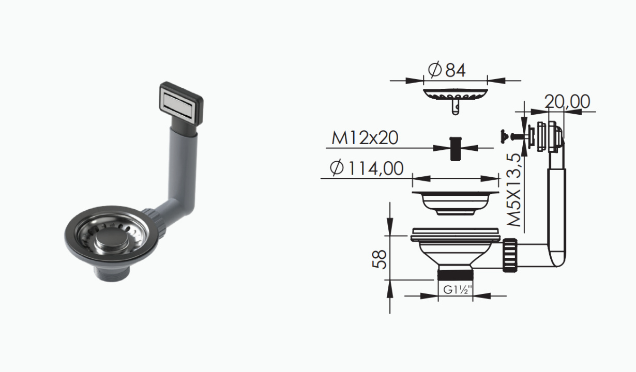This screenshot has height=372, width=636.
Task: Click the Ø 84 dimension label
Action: tap(447, 70)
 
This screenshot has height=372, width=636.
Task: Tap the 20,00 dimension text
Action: tap(567, 102)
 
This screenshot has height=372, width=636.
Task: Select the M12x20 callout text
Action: tap(365, 138)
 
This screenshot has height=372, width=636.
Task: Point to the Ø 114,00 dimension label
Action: tap(367, 168)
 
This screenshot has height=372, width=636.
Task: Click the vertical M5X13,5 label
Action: tap(514, 190)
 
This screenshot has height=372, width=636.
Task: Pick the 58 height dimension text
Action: tap(380, 259)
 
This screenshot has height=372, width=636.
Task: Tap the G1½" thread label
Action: tap(458, 290)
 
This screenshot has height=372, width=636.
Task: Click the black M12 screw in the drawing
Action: tap(456, 149)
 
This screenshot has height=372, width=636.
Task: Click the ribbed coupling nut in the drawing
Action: tap(510, 255)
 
